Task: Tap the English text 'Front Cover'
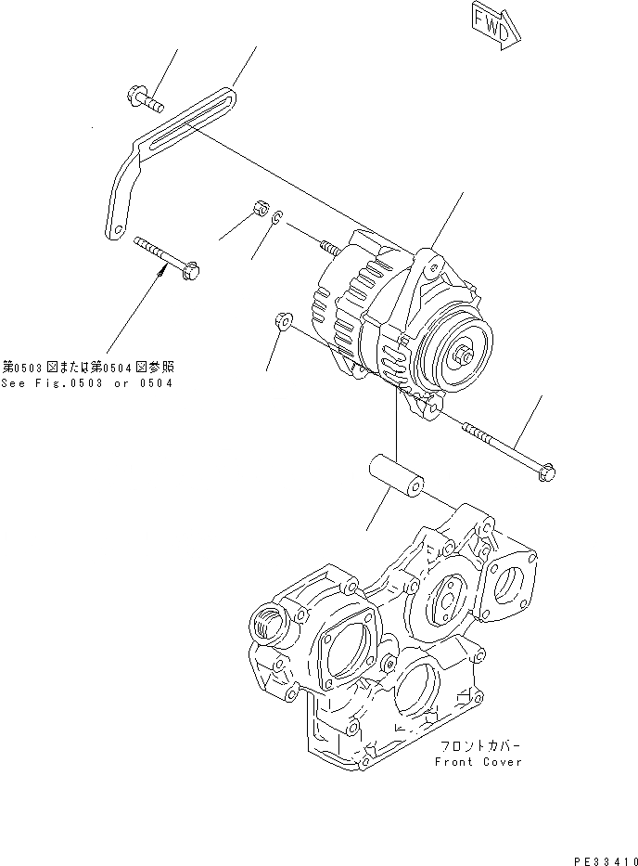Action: coord(478,761)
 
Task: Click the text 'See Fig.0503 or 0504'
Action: coord(86,382)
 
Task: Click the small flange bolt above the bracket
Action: coord(141,99)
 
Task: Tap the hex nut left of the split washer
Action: coord(261,208)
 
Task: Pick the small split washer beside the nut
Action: coord(277,218)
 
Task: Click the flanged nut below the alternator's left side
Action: coord(283,321)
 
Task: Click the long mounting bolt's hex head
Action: coord(546,472)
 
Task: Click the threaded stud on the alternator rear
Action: coord(332,247)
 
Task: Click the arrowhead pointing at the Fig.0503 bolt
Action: coord(166,270)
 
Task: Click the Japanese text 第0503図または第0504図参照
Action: coord(86,368)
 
